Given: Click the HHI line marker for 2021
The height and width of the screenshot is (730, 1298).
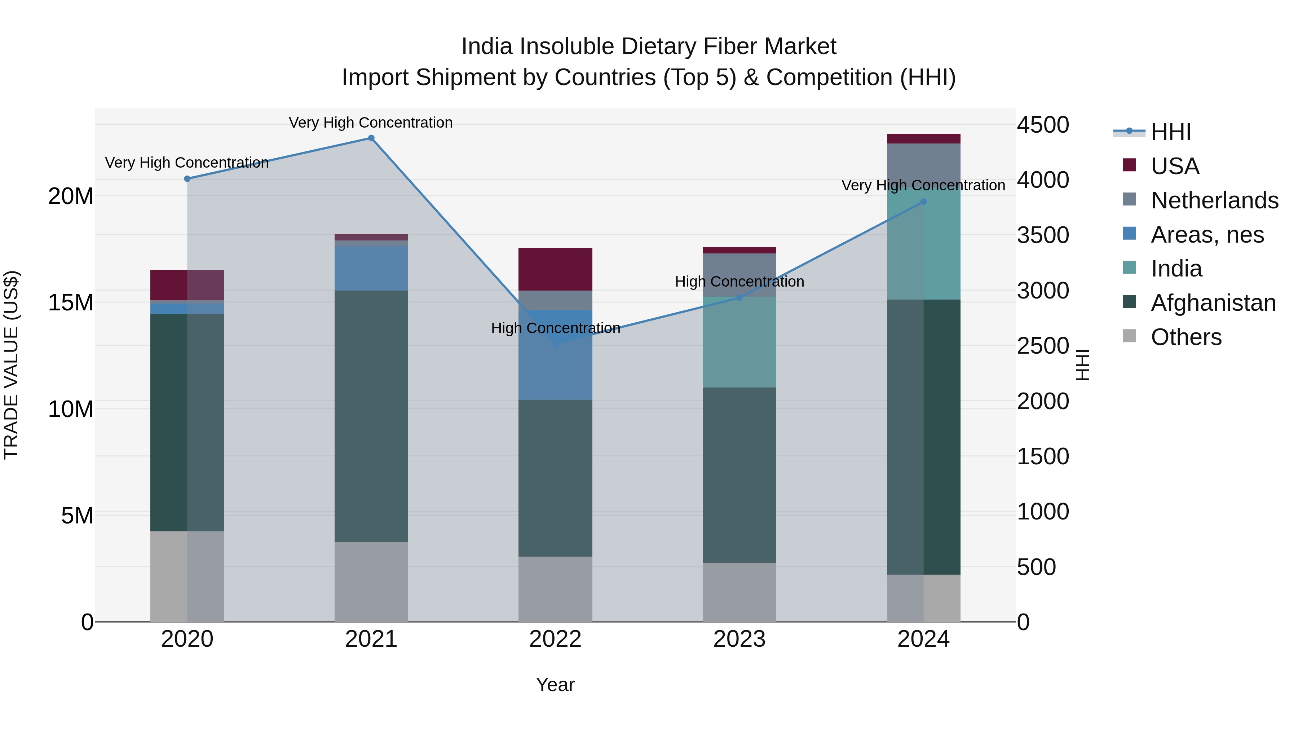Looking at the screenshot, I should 371,138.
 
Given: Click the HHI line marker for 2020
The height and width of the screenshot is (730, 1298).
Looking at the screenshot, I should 187,179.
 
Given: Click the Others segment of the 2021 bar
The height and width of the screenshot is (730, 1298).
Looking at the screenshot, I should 371,581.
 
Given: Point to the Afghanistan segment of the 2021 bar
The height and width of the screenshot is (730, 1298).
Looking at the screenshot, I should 371,416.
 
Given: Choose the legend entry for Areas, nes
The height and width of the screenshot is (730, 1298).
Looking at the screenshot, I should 1207,235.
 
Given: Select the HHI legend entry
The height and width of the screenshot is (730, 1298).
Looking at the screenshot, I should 1170,132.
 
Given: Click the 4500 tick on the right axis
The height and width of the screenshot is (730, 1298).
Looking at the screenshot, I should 1042,125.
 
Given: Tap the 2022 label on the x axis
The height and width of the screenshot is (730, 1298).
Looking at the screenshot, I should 555,639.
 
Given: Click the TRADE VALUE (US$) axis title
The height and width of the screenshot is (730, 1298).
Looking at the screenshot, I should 11,365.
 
